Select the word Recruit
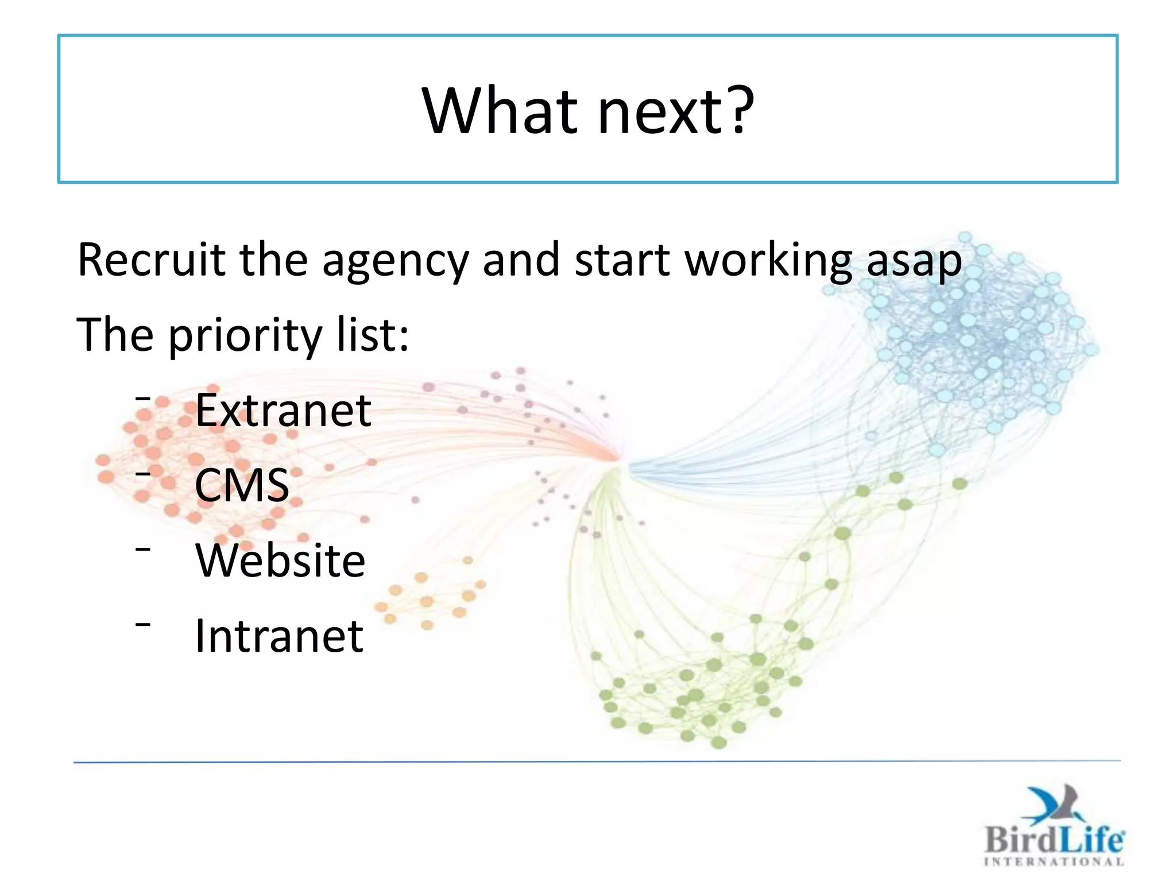[x=152, y=260]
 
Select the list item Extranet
[x=283, y=410]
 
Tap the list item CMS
[x=242, y=485]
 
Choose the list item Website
[x=280, y=560]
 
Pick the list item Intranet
[x=279, y=636]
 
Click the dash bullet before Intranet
[x=143, y=624]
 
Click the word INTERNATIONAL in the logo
[x=1054, y=861]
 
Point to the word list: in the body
[x=373, y=335]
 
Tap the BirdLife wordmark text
[x=1054, y=840]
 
